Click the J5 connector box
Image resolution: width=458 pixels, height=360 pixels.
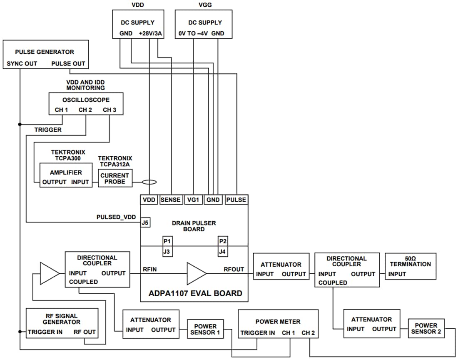145,222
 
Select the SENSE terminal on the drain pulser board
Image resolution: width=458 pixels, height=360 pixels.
171,200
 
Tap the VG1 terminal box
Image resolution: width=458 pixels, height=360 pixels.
193,200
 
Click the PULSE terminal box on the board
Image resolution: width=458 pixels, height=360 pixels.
236,200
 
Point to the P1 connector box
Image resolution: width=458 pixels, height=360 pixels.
167,241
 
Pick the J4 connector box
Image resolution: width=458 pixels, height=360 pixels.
223,251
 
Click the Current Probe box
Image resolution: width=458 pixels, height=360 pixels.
114,178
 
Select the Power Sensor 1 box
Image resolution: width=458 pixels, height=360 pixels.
205,329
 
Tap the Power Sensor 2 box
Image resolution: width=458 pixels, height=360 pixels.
426,329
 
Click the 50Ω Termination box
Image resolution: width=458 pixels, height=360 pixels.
411,266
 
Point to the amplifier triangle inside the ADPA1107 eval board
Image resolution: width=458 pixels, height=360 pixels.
196,273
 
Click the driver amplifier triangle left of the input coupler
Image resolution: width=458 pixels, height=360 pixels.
49,273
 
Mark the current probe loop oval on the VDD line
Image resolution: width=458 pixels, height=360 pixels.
149,182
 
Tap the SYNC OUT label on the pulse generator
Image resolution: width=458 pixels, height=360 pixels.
22,64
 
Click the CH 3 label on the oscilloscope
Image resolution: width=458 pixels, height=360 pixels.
110,110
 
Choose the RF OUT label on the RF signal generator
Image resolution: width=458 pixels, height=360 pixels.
85,332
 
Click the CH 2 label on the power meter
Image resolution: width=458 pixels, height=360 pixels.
309,333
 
